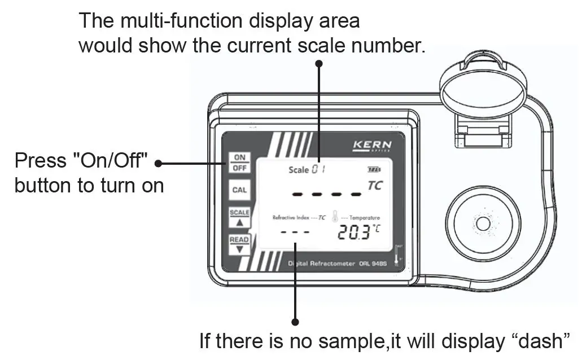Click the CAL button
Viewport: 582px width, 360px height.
pos(239,190)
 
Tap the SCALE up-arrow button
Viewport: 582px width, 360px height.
pos(239,217)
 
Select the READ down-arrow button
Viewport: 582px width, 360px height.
pos(239,244)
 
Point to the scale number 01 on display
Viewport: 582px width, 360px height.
pos(320,169)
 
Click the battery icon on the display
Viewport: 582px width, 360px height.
pos(374,169)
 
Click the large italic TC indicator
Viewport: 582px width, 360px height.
pos(374,186)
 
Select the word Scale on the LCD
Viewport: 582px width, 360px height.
pos(299,170)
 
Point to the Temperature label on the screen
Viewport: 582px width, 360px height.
pos(364,218)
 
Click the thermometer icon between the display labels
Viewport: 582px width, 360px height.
pos(336,217)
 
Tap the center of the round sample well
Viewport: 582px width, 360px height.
pos(483,225)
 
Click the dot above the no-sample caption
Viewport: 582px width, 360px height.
pos(295,322)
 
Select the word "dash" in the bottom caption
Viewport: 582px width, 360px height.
pos(543,341)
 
